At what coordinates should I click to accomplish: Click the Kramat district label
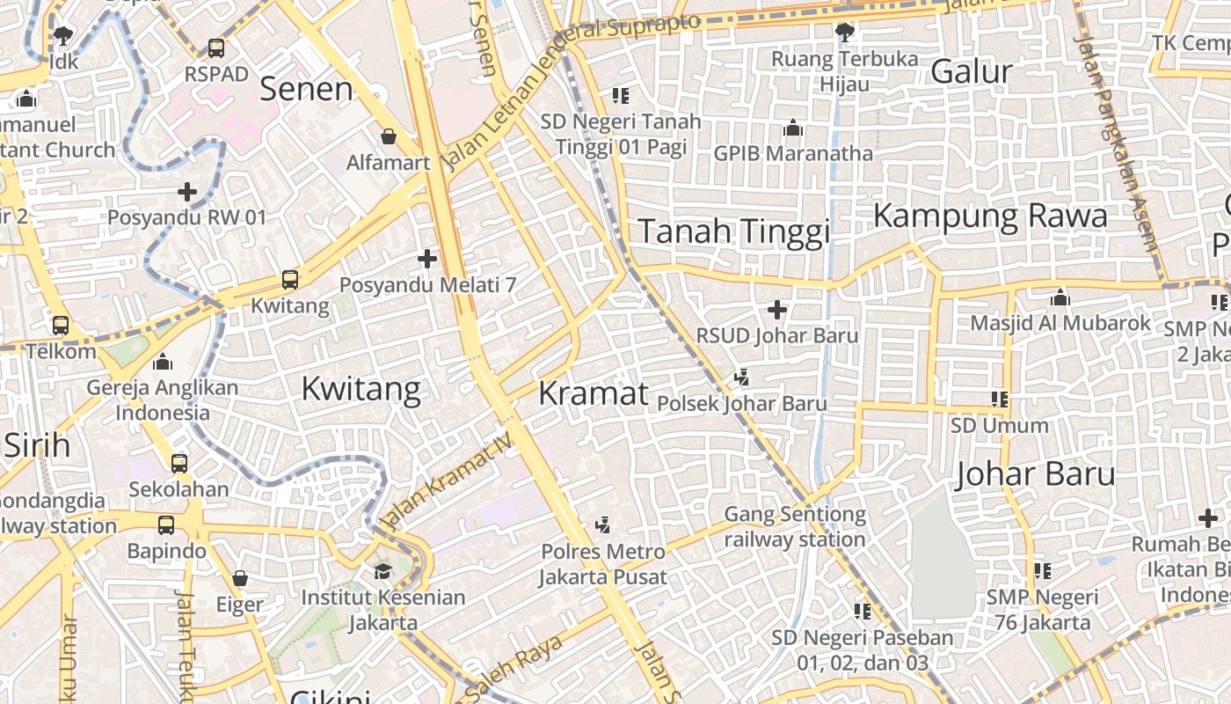tap(593, 393)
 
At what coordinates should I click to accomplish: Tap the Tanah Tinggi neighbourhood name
tap(733, 231)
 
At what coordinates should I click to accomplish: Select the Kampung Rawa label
tap(990, 216)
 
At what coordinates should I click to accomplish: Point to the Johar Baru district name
tap(1035, 474)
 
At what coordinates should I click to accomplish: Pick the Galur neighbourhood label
tap(972, 71)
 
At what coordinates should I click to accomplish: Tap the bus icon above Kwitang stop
tap(290, 281)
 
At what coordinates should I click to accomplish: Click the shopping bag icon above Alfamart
tap(389, 136)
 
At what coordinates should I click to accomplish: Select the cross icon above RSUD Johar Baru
tap(777, 310)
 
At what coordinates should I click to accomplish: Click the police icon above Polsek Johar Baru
tap(742, 378)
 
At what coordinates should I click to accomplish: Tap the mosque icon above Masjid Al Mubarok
tap(1060, 297)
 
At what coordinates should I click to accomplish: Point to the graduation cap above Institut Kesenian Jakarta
tap(382, 571)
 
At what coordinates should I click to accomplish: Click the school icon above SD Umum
tap(1000, 400)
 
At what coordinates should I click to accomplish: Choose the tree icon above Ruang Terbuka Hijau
tap(844, 33)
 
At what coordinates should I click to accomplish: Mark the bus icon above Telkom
tap(61, 325)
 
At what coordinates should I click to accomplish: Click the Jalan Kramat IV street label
tap(448, 484)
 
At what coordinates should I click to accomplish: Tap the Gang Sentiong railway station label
tap(795, 526)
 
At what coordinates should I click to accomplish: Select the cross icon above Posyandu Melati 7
tap(427, 259)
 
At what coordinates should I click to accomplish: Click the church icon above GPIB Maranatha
tap(793, 128)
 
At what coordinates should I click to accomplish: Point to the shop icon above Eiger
tap(240, 578)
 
